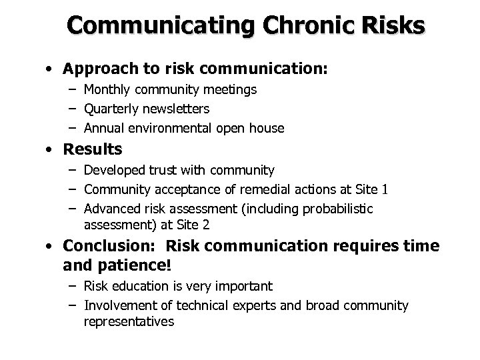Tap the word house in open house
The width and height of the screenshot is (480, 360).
pyautogui.click(x=268, y=127)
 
